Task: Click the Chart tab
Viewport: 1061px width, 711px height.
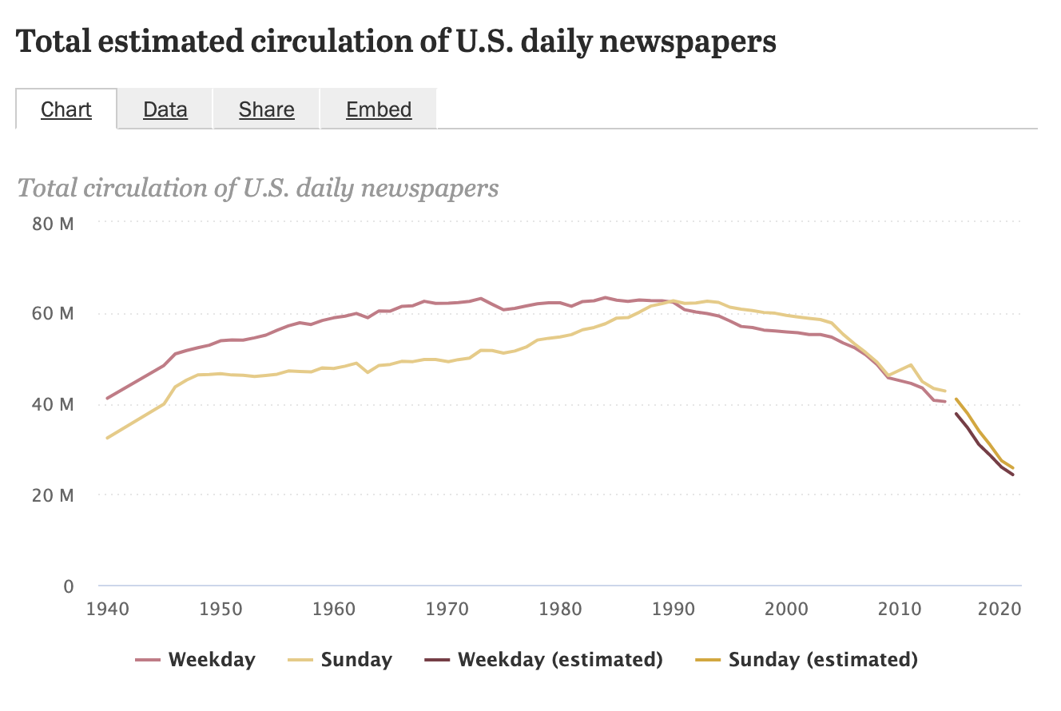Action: point(66,109)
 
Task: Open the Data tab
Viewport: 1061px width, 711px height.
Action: point(165,109)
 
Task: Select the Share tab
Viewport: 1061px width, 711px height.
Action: point(267,109)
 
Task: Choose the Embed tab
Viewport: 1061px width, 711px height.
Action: point(379,109)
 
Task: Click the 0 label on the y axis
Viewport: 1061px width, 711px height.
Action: point(68,586)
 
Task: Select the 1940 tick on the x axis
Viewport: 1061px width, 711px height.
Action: point(106,610)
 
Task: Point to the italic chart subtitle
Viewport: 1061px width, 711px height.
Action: point(258,188)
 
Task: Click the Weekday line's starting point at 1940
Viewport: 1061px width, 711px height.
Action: point(107,398)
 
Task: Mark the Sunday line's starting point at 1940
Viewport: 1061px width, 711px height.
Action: point(107,438)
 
